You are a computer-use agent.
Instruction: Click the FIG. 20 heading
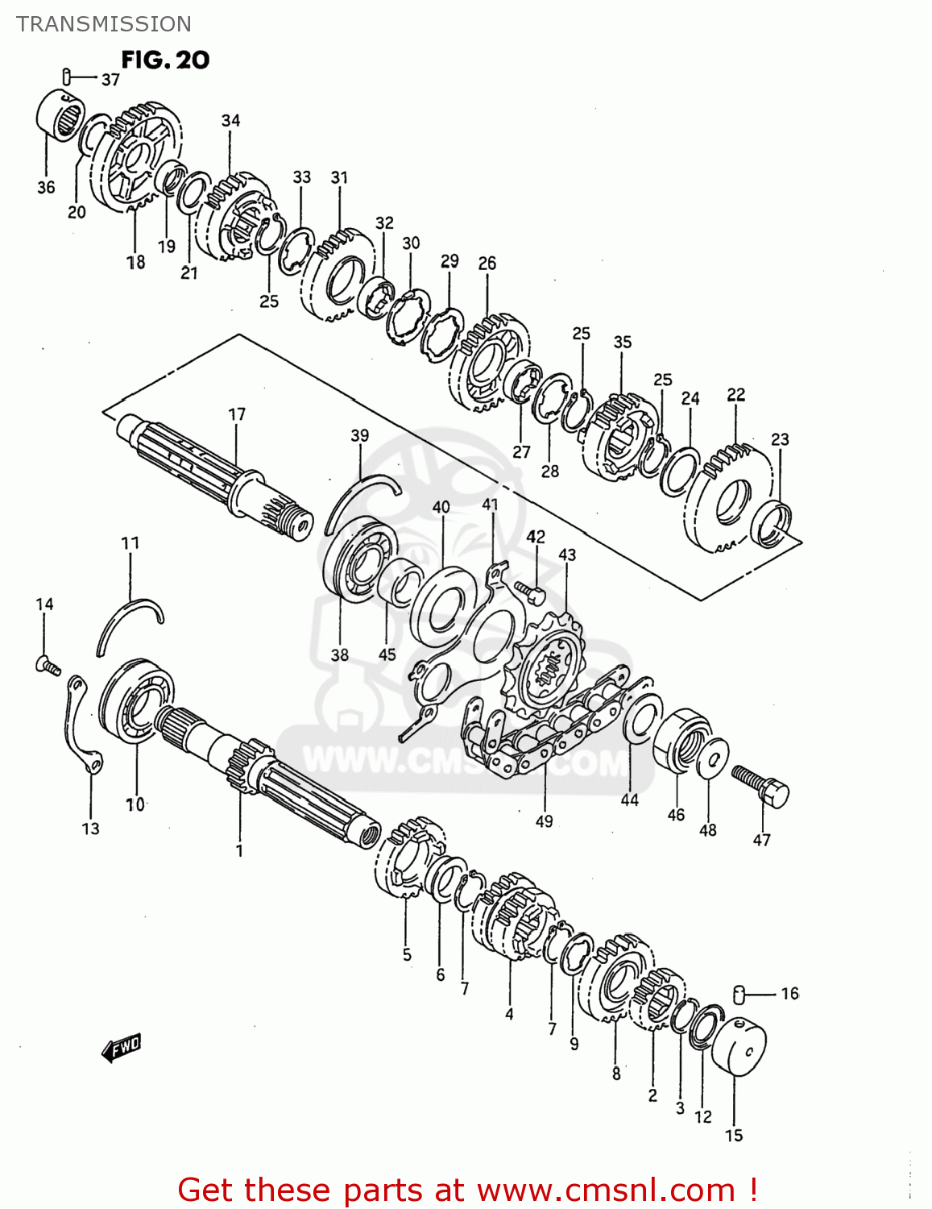click(165, 60)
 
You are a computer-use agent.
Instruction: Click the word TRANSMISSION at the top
click(104, 24)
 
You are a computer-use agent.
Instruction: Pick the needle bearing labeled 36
click(60, 118)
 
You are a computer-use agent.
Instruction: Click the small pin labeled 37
click(67, 77)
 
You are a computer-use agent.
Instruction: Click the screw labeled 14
click(48, 665)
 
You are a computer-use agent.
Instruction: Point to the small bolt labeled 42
click(532, 592)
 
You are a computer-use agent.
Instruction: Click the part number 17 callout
click(236, 414)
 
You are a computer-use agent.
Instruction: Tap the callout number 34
click(230, 121)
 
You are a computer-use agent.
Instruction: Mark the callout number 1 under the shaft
click(239, 850)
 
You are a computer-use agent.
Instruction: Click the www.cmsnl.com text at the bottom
click(605, 1190)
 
